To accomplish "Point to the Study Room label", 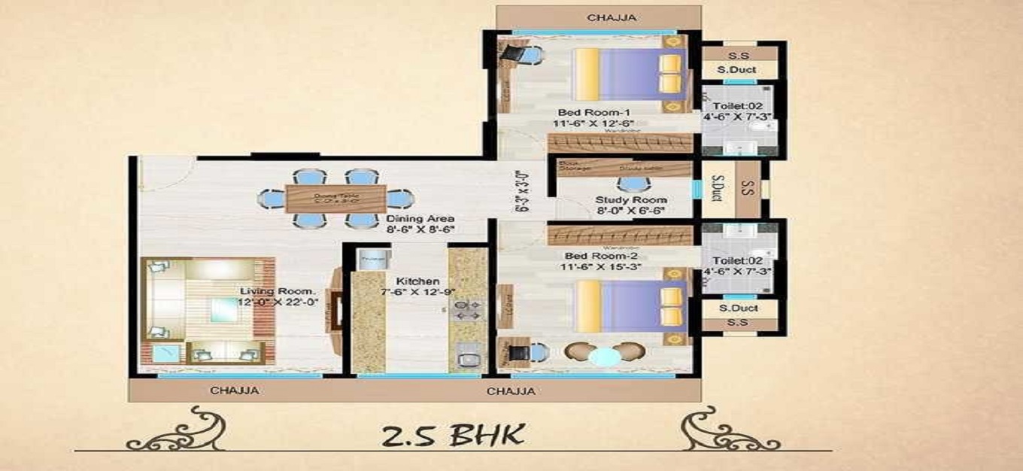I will tap(631, 200).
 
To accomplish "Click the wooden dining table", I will tap(335, 198).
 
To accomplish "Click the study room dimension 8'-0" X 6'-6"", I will tap(631, 212).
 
